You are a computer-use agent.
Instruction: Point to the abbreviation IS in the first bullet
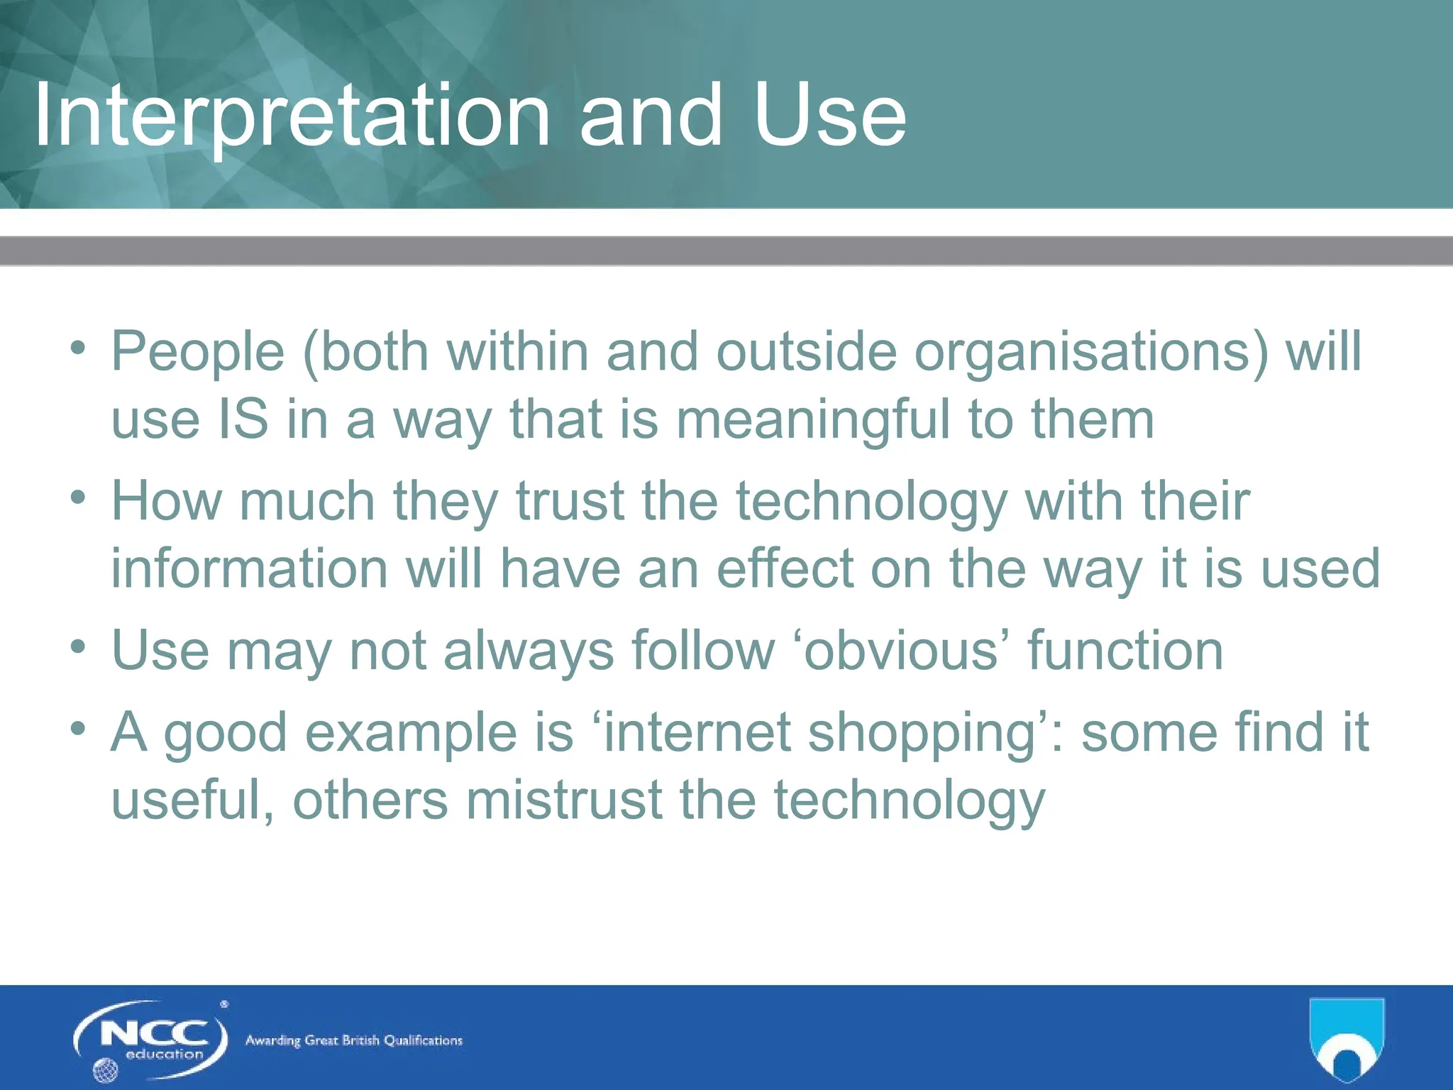pos(243,419)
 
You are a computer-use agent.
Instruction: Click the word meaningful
pos(812,419)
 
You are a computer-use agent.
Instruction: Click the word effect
pos(785,568)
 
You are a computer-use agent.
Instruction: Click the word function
pos(1125,650)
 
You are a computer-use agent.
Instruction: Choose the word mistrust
pos(564,800)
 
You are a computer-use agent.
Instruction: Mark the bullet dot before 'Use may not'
pos(78,646)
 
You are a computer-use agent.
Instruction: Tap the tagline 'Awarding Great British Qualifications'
pos(353,1041)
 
